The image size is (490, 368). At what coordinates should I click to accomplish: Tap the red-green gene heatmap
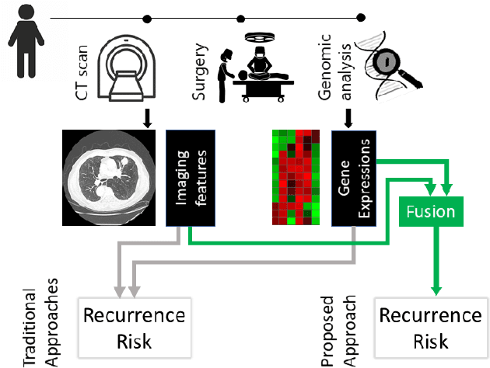(296, 178)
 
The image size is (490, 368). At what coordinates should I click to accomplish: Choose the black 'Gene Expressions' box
(354, 178)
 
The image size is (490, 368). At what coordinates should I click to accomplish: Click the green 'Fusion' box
(427, 210)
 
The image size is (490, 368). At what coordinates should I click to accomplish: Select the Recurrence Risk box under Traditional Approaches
(134, 327)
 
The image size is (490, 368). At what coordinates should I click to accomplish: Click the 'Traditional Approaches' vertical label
(40, 326)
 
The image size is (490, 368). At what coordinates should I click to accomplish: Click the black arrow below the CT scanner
(147, 116)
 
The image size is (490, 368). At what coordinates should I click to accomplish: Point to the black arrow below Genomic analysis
(348, 116)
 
